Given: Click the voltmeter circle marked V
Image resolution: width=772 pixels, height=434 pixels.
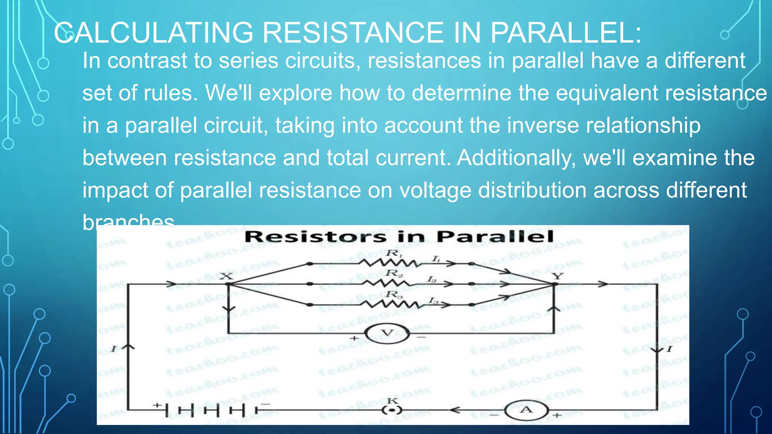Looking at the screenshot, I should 387,333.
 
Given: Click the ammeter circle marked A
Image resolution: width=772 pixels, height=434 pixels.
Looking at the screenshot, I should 526,410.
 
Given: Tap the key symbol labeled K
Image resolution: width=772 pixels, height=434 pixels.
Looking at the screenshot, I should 392,410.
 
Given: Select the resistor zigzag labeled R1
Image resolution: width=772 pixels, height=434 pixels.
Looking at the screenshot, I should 388,263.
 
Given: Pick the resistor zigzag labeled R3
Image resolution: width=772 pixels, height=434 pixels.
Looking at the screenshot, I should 388,304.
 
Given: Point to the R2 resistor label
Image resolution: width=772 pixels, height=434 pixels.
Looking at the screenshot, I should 394,273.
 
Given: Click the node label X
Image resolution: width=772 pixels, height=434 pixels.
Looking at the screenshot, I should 227,276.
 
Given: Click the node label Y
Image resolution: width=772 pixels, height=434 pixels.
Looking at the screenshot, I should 558,276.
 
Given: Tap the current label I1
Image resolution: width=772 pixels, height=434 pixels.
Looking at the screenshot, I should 436,259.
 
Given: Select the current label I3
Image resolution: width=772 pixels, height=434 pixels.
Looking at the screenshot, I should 433,300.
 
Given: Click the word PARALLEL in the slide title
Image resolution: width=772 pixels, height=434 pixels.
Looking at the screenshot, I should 565,33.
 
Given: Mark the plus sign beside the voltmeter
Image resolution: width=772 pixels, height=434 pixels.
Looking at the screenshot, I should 354,338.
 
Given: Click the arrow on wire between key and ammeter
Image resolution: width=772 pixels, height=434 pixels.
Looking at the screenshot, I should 455,410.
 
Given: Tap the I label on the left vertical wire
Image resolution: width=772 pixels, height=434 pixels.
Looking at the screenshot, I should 113,349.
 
